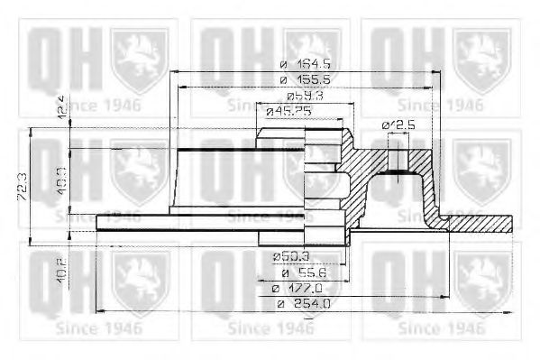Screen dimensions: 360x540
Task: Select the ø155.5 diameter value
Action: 304,80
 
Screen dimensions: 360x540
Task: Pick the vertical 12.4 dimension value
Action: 59,106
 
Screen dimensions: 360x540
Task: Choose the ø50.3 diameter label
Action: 290,257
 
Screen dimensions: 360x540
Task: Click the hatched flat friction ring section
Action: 478,222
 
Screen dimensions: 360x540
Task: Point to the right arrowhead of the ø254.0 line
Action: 514,312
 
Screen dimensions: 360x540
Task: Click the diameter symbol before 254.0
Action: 281,304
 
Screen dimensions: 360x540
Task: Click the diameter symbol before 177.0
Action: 276,288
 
